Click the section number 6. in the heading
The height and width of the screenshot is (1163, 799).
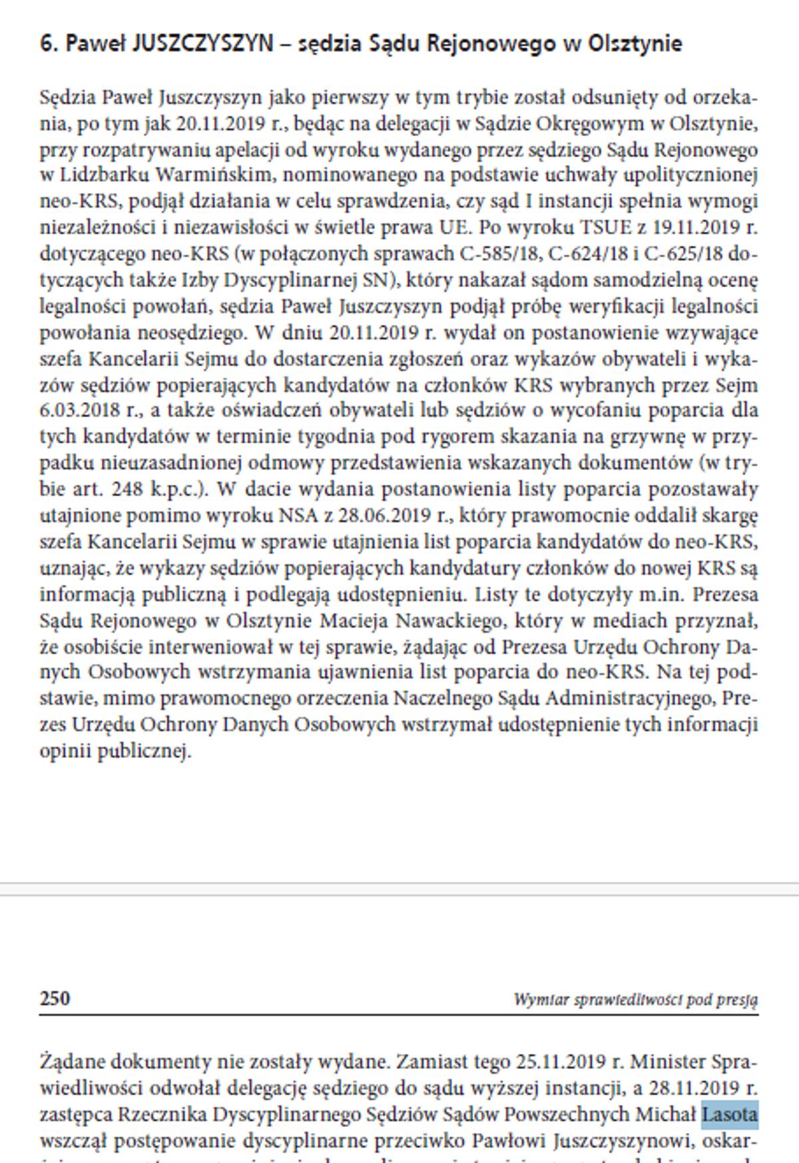(49, 44)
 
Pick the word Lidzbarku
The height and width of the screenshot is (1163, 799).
(105, 175)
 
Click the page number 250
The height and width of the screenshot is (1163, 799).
(55, 998)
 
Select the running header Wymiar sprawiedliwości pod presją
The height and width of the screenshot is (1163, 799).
(635, 999)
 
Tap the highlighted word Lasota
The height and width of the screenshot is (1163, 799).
(730, 1114)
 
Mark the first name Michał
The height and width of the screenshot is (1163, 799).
(665, 1114)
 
